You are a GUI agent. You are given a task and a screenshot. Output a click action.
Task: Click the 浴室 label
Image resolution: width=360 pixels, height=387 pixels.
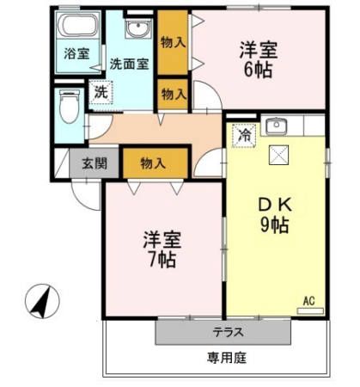click(x=76, y=53)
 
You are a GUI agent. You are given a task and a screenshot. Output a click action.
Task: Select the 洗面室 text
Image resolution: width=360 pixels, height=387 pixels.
click(x=130, y=63)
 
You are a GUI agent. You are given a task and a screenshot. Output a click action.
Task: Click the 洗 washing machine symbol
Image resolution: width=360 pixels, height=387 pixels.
click(x=101, y=92)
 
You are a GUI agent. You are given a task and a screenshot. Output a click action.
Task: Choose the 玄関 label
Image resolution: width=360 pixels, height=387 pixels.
click(x=95, y=163)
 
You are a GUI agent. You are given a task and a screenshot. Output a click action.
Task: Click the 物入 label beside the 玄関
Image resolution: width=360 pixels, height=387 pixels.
click(x=156, y=163)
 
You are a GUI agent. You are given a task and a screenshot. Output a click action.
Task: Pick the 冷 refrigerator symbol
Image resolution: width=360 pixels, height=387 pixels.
click(x=244, y=136)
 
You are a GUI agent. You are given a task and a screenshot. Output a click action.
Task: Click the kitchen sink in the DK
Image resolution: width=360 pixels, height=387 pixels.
click(x=277, y=127)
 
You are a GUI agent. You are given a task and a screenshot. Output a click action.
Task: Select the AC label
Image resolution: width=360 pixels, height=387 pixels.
click(x=309, y=301)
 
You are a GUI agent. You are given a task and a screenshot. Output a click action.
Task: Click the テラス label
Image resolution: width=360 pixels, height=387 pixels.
click(x=223, y=332)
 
